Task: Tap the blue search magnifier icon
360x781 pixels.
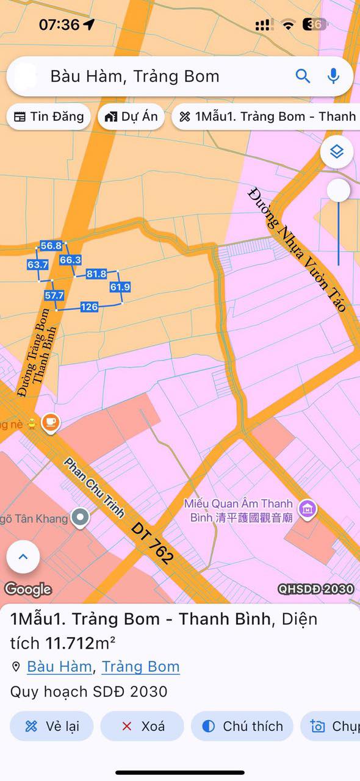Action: pyautogui.click(x=303, y=76)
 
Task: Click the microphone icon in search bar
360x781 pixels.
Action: pyautogui.click(x=333, y=76)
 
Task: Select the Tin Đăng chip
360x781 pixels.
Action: pyautogui.click(x=49, y=117)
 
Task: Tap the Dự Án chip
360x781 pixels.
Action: pyautogui.click(x=131, y=117)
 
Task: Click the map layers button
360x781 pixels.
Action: pyautogui.click(x=337, y=151)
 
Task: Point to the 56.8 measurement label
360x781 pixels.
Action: pyautogui.click(x=51, y=246)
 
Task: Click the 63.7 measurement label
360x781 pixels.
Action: pyautogui.click(x=38, y=265)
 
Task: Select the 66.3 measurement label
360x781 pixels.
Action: pyautogui.click(x=70, y=260)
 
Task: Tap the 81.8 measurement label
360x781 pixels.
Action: pyautogui.click(x=96, y=274)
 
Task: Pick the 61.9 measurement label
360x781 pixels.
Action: pyautogui.click(x=120, y=287)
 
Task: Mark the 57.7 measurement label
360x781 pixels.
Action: pyautogui.click(x=54, y=295)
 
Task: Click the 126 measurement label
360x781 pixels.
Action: pyautogui.click(x=89, y=307)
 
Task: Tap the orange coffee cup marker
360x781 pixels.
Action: pyautogui.click(x=51, y=422)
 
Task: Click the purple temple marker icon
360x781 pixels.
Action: pyautogui.click(x=308, y=508)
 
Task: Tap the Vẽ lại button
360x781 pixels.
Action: pyautogui.click(x=52, y=726)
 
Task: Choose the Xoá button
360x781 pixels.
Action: pyautogui.click(x=142, y=726)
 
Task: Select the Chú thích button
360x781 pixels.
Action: pyautogui.click(x=242, y=726)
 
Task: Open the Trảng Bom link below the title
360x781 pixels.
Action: pyautogui.click(x=140, y=666)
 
